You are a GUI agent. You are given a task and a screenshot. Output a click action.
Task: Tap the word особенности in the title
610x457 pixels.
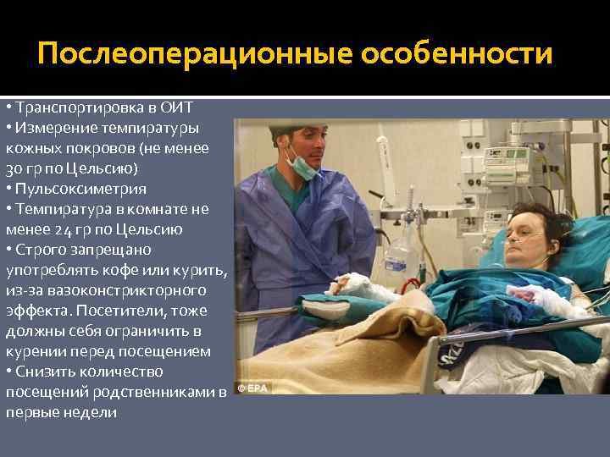457,55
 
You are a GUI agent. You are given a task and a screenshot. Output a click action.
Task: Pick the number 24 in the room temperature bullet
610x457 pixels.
63,229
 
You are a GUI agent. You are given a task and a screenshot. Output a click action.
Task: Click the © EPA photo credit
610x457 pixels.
252,388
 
